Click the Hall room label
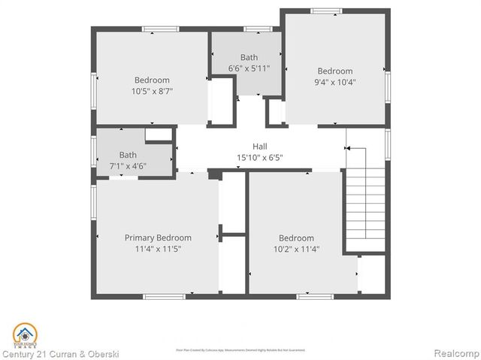[259, 147]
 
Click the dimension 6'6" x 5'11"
[249, 68]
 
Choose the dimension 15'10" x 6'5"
[259, 158]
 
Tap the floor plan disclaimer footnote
[240, 349]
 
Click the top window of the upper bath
[258, 29]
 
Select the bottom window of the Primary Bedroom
[164, 296]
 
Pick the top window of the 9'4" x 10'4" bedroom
[326, 11]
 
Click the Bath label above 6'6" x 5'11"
[249, 57]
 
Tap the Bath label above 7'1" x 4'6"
[117, 155]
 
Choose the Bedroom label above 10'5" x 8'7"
[152, 80]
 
